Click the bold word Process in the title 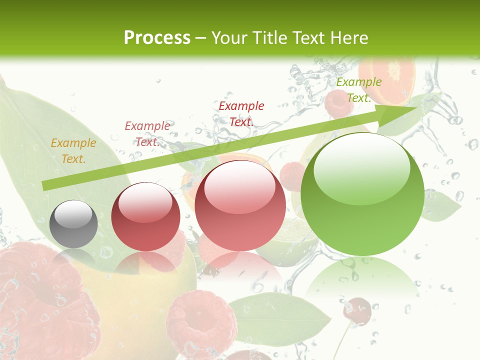click(x=157, y=37)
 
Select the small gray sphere click(x=73, y=224)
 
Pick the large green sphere click(x=362, y=194)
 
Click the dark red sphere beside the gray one click(x=145, y=216)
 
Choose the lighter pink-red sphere click(x=240, y=205)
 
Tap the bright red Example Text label click(x=241, y=113)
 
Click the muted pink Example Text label click(x=147, y=133)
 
